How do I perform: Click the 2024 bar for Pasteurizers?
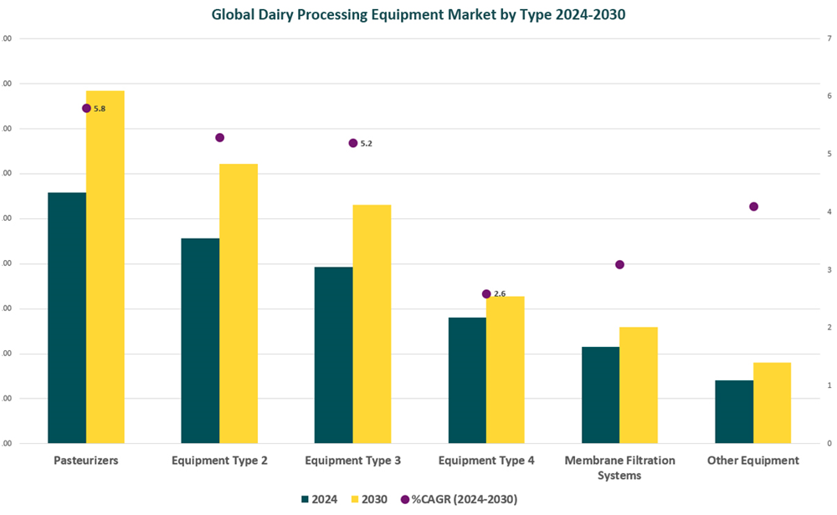click(67, 318)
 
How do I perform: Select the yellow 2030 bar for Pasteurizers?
click(105, 267)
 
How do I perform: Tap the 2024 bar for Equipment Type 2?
click(200, 340)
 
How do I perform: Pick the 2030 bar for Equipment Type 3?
click(372, 324)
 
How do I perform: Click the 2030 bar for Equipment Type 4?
click(505, 370)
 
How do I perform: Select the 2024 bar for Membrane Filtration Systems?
click(600, 395)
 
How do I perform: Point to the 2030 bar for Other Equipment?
click(772, 402)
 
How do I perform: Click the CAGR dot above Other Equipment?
click(753, 207)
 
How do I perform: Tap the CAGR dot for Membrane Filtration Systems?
click(619, 264)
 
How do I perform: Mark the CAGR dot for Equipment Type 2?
click(220, 137)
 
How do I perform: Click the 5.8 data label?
click(100, 109)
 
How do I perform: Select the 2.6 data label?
click(501, 293)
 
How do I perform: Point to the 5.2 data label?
click(367, 144)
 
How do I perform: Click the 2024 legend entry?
click(319, 499)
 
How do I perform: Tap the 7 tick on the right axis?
click(829, 38)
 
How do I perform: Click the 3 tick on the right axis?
click(829, 270)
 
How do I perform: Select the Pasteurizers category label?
click(86, 461)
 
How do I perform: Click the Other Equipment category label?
click(752, 461)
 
